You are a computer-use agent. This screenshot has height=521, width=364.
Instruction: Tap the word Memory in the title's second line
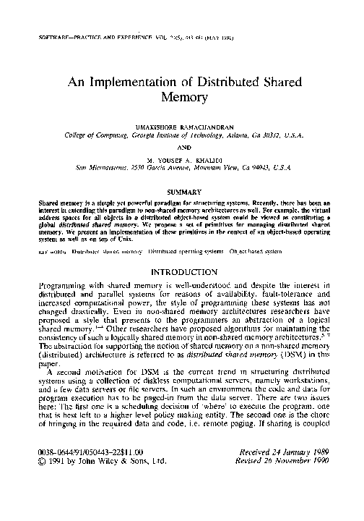click(x=182, y=99)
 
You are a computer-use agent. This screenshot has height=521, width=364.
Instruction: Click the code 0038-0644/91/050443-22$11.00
click(x=91, y=473)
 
